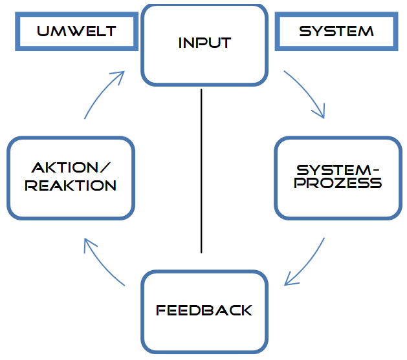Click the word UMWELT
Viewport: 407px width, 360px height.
[76, 31]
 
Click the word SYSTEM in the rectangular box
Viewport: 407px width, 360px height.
[336, 31]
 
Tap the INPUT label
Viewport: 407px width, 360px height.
[205, 43]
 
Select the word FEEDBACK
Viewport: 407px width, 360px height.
[204, 310]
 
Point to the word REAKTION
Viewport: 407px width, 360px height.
[71, 185]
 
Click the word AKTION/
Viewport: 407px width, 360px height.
[71, 167]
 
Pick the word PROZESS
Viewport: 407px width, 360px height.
[338, 183]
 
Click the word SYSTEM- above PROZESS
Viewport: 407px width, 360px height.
[338, 170]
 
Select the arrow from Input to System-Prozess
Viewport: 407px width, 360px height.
[308, 90]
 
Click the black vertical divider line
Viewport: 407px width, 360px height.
[201, 171]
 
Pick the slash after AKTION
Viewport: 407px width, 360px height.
[105, 167]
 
